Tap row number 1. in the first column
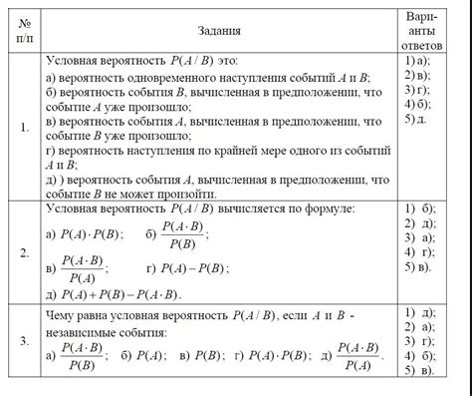coord(24,127)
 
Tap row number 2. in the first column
coord(24,252)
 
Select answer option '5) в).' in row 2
coord(417,267)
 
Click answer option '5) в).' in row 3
coord(417,371)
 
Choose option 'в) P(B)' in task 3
coord(200,355)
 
